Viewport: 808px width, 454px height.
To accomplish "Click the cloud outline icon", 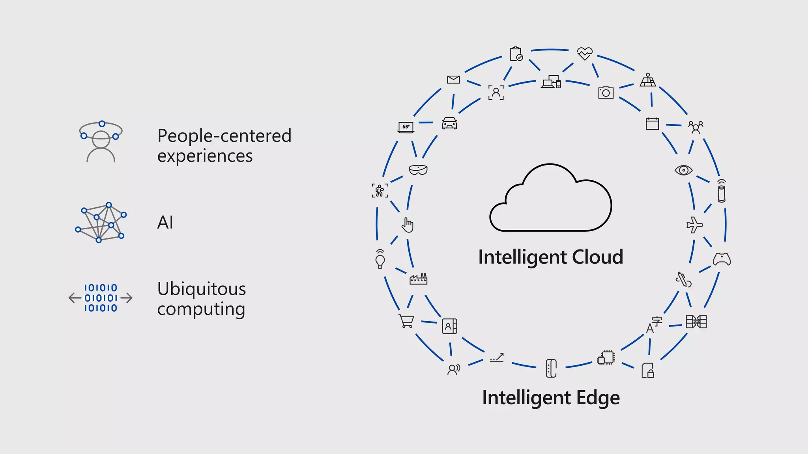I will (550, 199).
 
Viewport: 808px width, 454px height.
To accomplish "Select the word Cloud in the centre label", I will (597, 257).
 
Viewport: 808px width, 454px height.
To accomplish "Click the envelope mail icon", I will (453, 80).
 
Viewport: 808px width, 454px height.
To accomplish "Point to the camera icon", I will (606, 93).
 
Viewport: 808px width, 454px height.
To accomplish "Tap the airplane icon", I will (694, 225).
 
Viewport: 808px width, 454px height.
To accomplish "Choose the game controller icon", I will (722, 259).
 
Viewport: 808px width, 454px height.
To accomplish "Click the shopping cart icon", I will (406, 321).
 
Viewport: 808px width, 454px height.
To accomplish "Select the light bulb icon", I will (380, 259).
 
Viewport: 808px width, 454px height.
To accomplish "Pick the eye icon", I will (683, 170).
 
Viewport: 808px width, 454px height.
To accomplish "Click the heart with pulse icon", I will (584, 53).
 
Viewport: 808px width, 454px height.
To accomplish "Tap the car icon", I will (449, 123).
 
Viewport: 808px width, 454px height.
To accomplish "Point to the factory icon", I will (418, 279).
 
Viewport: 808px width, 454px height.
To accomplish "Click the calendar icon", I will (652, 124).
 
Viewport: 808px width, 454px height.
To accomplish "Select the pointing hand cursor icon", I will (408, 225).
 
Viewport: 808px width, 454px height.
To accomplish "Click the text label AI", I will (165, 223).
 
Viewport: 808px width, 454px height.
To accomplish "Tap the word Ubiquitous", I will (202, 289).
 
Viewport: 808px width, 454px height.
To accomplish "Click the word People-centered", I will (224, 136).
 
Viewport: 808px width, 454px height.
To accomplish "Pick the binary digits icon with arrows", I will (101, 298).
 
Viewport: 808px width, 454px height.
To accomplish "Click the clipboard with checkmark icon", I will (516, 54).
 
